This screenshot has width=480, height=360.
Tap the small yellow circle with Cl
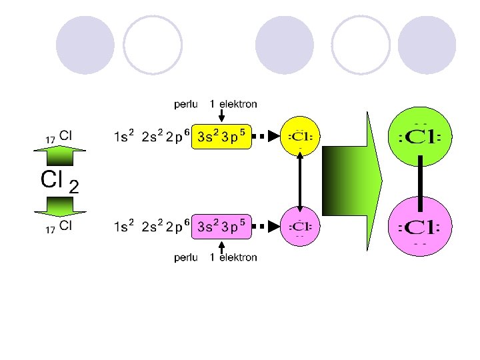tap(300, 137)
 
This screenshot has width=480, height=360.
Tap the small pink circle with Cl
tap(300, 227)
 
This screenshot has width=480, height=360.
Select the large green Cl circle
tap(421, 137)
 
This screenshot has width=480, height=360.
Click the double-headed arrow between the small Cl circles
tap(300, 181)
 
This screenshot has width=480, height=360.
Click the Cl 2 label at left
tap(59, 181)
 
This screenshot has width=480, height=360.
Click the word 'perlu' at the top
tap(185, 104)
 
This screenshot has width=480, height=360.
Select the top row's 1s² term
tap(123, 137)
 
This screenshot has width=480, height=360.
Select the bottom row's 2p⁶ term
tap(178, 227)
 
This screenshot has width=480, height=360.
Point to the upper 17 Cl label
tap(59, 136)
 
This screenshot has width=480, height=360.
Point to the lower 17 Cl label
tap(59, 227)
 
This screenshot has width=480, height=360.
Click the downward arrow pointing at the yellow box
tap(221, 117)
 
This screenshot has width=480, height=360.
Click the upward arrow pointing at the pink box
tap(221, 246)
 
